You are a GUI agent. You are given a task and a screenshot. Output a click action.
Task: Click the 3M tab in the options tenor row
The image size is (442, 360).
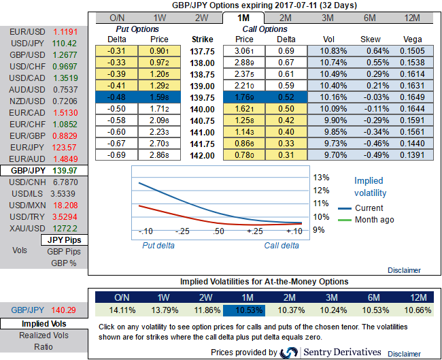point(327,18)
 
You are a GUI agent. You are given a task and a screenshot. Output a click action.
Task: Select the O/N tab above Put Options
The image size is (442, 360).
point(116,18)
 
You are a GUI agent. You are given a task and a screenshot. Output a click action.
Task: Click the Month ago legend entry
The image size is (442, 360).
point(374,220)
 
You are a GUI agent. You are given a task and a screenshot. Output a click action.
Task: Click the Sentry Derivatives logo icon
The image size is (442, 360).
point(291,352)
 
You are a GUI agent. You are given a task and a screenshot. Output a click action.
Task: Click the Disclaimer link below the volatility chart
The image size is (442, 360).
point(404,269)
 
